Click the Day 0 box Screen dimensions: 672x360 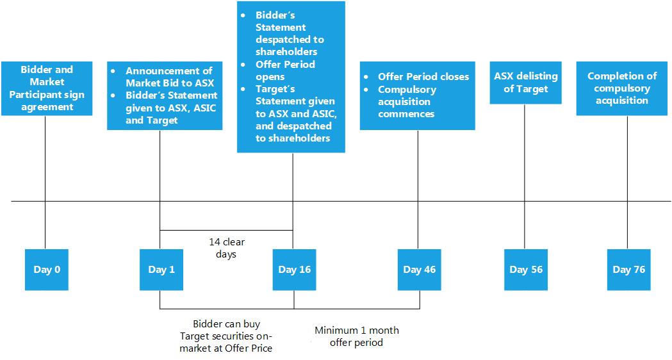tap(47, 270)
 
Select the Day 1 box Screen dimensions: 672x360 tap(161, 270)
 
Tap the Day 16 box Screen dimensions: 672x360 tap(295, 270)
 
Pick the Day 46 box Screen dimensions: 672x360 tap(419, 270)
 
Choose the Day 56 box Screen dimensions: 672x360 tap(526, 270)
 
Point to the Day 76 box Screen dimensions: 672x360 tap(628, 270)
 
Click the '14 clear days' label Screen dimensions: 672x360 tap(227, 248)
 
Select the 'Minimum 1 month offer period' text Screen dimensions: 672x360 tap(357, 336)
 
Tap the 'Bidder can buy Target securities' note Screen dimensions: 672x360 tap(226, 336)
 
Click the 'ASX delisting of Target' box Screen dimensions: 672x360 tap(526, 83)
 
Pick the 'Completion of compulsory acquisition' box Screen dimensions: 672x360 tap(622, 88)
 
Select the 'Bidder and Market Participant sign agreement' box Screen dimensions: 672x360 tap(47, 88)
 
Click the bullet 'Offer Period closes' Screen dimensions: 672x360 tap(423, 77)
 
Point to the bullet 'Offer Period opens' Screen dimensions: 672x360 tap(286, 70)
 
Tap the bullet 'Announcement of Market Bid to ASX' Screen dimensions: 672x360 tap(169, 77)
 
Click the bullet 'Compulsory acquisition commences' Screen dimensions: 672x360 tap(406, 102)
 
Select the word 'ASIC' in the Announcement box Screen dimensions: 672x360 tap(205, 108)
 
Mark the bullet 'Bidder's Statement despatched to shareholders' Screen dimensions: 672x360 tap(290, 33)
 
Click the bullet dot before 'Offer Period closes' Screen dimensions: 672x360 tap(366, 77)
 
